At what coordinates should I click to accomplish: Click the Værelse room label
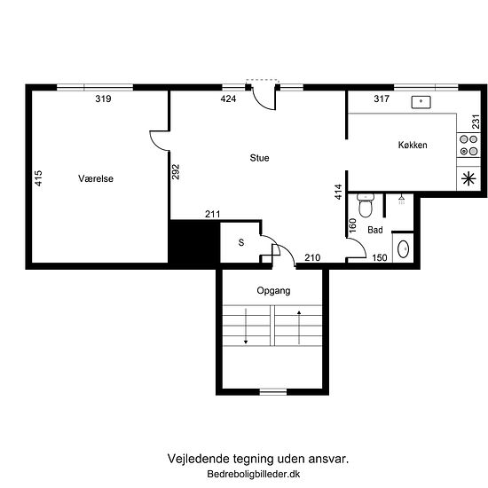click(x=96, y=178)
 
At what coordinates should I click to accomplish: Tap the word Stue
click(x=259, y=158)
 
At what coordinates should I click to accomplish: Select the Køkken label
click(x=413, y=145)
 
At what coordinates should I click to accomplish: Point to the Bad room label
click(x=375, y=230)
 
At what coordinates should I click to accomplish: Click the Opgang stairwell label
click(x=273, y=291)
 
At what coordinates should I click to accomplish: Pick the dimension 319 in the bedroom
click(x=103, y=98)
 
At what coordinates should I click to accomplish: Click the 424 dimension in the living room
click(x=228, y=98)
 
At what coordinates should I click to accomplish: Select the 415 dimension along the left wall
click(x=38, y=178)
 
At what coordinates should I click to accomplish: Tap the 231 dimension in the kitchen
click(x=476, y=122)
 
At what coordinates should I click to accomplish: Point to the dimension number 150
click(x=380, y=257)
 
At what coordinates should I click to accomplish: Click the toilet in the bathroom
click(x=366, y=205)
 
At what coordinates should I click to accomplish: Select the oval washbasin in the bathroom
click(x=404, y=249)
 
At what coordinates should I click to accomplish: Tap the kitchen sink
click(x=421, y=102)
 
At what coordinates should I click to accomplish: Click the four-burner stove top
click(x=468, y=146)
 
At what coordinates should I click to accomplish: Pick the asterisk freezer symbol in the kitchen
click(x=468, y=178)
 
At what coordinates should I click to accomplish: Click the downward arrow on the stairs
click(x=246, y=326)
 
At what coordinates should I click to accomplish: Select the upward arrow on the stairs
click(x=299, y=327)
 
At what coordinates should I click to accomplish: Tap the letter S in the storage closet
click(x=241, y=242)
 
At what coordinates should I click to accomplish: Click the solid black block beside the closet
click(x=194, y=241)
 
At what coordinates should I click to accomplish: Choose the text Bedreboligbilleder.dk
click(x=254, y=474)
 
